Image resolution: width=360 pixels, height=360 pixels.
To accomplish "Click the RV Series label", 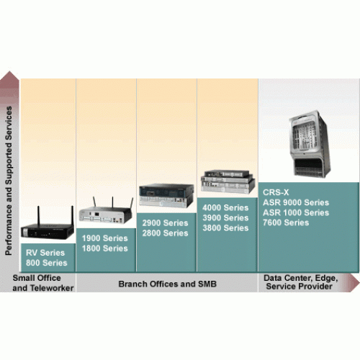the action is coord(45,253).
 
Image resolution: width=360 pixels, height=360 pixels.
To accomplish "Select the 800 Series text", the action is coord(47,263).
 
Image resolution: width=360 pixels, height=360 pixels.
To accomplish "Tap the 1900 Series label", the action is coord(105,238).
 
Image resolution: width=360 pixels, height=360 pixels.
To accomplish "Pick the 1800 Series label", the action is coord(105,248).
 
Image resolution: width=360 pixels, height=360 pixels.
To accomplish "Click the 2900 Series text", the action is coord(165,223).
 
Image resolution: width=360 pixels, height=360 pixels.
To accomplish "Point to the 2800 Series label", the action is coord(165,233).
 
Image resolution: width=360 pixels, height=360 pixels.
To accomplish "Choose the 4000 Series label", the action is coord(225,207).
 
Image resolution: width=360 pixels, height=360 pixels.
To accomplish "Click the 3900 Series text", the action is coord(225,217).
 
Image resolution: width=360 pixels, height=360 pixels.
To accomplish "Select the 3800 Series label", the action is coord(225,228).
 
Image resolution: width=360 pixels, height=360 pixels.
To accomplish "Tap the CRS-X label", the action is coord(276,192).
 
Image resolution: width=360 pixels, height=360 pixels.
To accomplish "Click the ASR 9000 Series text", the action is coord(296,202).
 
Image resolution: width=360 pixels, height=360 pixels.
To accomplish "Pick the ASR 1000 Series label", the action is coord(296,212).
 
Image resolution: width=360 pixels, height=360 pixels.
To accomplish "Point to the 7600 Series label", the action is coord(286,222).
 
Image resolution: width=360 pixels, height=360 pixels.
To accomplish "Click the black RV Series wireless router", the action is coord(48,229).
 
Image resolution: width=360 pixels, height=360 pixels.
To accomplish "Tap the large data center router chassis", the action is coord(310,144).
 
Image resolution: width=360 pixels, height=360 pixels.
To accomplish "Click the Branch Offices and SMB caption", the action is coord(168,284).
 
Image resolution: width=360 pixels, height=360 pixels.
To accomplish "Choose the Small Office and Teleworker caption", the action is coord(43,283).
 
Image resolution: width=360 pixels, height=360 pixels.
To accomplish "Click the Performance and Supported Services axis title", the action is coord(9,181).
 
